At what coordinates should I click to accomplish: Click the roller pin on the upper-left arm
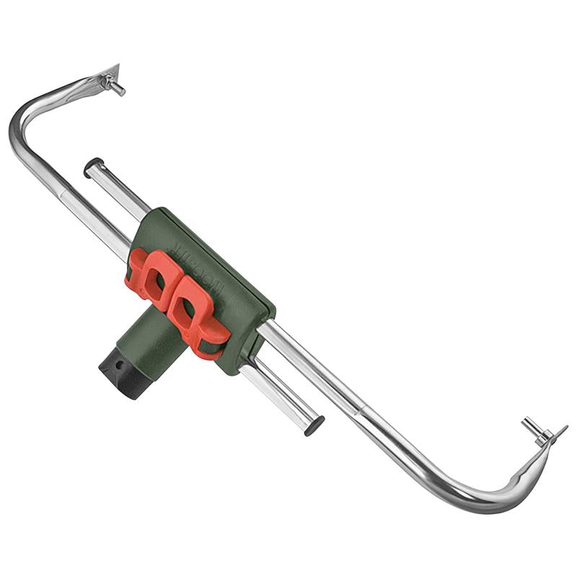116,88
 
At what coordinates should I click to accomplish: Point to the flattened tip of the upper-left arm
110,73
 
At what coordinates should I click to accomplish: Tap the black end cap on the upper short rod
91,167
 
